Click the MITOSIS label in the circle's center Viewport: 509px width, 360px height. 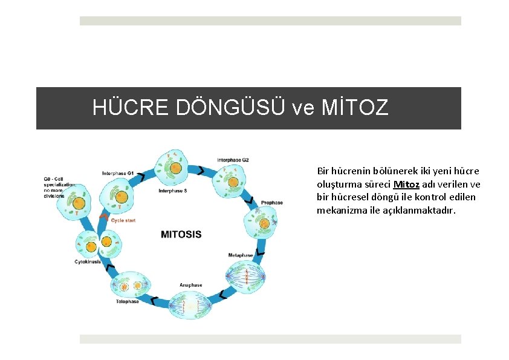(181, 234)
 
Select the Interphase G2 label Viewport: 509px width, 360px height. (233, 160)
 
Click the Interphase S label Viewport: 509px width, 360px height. (173, 191)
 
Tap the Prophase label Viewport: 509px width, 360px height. (272, 203)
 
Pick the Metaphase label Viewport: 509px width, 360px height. (241, 255)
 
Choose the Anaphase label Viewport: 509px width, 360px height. (191, 285)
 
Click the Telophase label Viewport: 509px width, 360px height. (128, 301)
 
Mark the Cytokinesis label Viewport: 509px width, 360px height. (88, 262)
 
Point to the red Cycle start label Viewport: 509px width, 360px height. (123, 220)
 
